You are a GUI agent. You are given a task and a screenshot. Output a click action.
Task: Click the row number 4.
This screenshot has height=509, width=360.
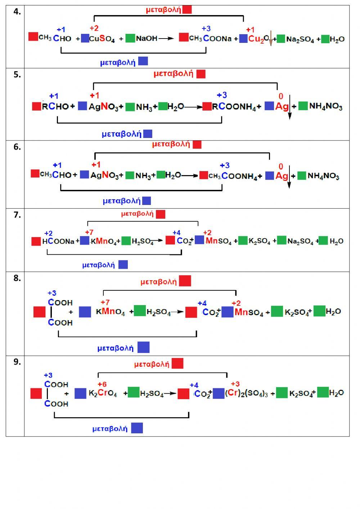click(17, 12)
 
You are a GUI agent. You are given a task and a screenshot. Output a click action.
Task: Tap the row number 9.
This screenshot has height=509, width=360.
click(17, 362)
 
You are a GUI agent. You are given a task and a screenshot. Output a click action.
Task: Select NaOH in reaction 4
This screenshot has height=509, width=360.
click(147, 39)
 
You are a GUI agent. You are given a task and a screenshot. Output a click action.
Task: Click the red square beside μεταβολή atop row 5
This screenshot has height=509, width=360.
click(201, 74)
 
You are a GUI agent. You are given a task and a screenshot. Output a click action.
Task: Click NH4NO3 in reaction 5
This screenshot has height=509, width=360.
click(325, 106)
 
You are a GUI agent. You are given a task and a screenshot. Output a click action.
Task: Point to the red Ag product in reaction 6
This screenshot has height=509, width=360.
click(282, 176)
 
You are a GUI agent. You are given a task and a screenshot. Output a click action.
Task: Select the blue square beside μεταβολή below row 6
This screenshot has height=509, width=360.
click(147, 201)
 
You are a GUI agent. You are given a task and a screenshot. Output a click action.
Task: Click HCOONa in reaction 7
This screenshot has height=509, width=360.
click(58, 241)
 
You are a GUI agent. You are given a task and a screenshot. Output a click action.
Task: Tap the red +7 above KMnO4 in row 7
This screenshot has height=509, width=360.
click(89, 232)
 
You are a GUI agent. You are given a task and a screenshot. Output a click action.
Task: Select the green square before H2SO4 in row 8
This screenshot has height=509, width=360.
click(140, 311)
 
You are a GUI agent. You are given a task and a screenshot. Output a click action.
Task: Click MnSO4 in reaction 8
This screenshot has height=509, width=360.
click(249, 312)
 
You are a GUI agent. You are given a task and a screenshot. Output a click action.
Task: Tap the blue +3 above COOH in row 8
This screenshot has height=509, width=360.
click(52, 293)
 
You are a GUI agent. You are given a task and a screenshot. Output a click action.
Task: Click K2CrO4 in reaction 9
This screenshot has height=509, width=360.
click(103, 393)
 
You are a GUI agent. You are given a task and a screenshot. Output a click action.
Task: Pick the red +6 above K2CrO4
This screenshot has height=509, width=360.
click(102, 384)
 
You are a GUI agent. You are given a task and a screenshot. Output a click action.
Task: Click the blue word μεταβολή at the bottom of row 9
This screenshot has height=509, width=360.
click(110, 429)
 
